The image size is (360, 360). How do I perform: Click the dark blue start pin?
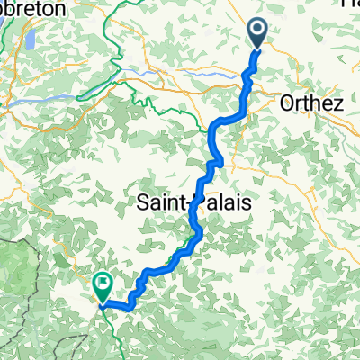[x=256, y=33]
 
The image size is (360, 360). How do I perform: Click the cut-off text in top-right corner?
[x=350, y=4]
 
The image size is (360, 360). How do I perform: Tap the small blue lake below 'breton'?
[x=25, y=40]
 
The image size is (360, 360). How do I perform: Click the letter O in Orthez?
[x=288, y=103]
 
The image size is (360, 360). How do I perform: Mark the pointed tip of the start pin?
[x=256, y=48]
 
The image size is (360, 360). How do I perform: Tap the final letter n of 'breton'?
[x=60, y=7]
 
